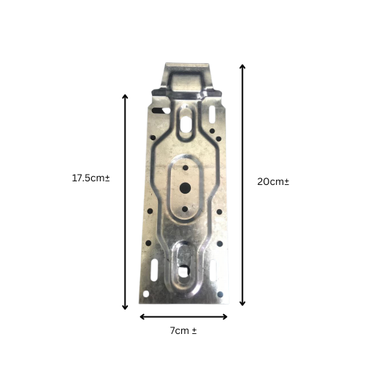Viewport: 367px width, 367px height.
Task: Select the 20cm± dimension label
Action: [272, 181]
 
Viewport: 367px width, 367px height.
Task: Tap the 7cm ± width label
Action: [183, 331]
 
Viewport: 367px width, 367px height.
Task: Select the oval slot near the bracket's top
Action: [186, 115]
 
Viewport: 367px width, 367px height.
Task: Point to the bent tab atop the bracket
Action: [186, 76]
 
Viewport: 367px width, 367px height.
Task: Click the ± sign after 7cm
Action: [194, 331]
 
